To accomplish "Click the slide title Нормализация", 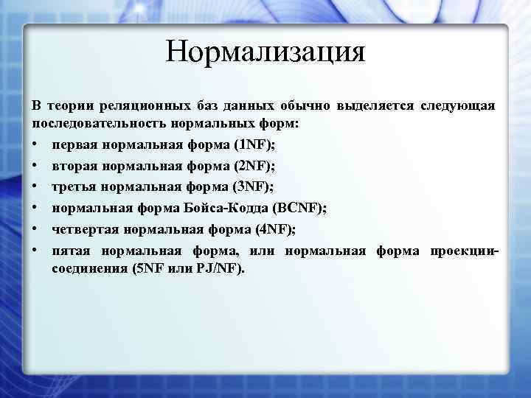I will pos(265,52).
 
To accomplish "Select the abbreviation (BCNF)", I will pos(299,209).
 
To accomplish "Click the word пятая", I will pos(72,252).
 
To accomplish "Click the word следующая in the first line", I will pos(457,107).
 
